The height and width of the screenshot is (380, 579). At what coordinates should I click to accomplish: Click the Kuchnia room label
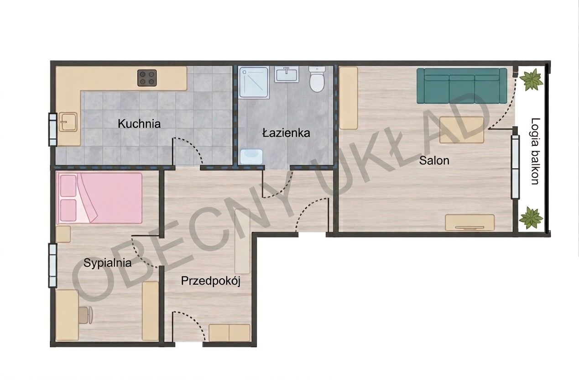(139, 124)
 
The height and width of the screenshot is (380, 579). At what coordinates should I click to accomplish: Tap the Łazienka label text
(286, 133)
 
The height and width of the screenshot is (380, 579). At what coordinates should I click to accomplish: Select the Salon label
(434, 161)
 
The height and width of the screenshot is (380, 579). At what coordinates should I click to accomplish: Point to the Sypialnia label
(108, 263)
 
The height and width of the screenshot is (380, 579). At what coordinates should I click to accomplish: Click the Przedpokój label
(211, 281)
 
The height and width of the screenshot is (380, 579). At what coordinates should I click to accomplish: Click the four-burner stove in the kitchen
(147, 78)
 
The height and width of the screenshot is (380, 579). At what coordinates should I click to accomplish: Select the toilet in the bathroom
(317, 79)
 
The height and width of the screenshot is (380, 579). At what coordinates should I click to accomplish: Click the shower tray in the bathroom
(254, 83)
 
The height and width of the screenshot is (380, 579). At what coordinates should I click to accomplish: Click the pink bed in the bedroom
(99, 198)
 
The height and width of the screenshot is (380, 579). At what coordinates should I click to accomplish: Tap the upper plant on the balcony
(532, 79)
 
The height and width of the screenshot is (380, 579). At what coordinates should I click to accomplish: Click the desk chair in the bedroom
(86, 315)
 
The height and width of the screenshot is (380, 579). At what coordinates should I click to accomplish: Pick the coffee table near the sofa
(462, 130)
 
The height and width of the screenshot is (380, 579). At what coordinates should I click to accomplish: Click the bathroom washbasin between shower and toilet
(287, 74)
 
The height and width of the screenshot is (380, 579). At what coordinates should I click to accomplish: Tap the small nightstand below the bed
(63, 234)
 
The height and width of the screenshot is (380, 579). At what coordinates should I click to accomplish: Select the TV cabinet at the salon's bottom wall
(470, 222)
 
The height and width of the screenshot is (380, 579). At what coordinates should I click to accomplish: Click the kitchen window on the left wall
(53, 130)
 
